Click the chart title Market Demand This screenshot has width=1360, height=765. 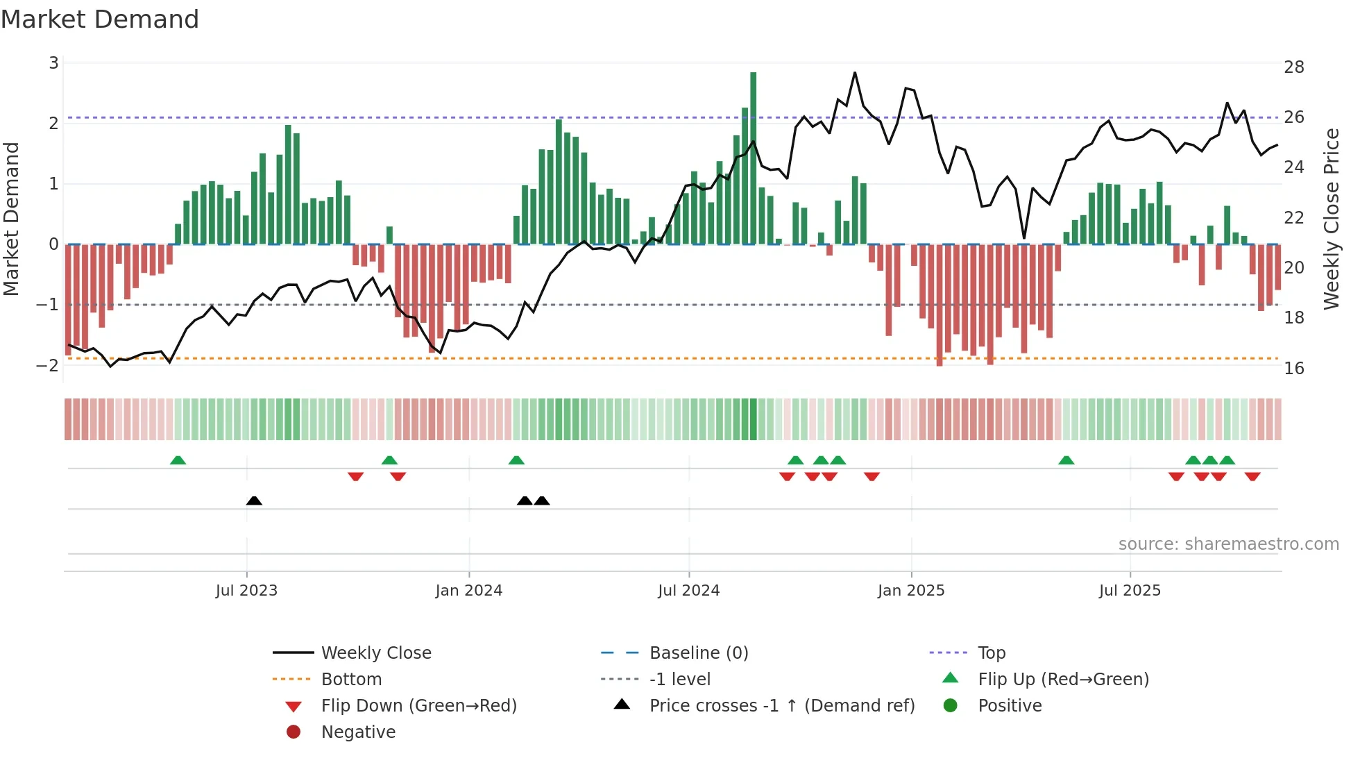[100, 19]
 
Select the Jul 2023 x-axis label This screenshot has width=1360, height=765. [246, 591]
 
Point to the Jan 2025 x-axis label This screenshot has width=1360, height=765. [910, 591]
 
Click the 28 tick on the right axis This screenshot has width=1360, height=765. [1293, 67]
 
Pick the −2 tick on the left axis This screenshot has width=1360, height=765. [47, 365]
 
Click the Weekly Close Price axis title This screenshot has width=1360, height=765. [1331, 219]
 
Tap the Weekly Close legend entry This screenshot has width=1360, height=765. [375, 653]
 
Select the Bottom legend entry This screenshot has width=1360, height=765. [351, 680]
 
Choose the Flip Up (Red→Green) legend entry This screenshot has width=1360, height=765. [1062, 680]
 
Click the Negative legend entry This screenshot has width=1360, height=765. [358, 732]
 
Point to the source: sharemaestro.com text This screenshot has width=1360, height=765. [1228, 544]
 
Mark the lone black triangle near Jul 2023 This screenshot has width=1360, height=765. [254, 501]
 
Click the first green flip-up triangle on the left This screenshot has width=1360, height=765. [178, 460]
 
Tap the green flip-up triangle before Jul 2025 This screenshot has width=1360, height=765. [1066, 460]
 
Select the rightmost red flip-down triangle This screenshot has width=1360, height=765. [1252, 476]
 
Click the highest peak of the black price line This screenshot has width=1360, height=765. [855, 73]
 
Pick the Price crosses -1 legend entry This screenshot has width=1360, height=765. [781, 706]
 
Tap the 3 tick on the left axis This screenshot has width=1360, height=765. [53, 63]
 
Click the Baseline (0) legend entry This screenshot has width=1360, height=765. [698, 653]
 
